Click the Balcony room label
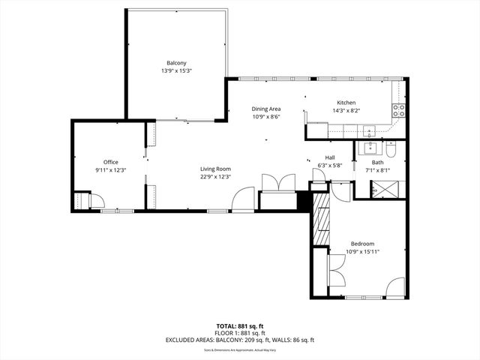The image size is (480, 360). [x=176, y=63]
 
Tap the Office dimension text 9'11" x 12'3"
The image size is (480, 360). [x=111, y=170]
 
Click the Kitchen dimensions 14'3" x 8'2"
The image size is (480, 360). [x=346, y=110]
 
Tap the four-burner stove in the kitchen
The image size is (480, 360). [x=399, y=112]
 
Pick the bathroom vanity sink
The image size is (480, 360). [x=369, y=145]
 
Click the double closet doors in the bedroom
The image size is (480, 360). [x=335, y=266]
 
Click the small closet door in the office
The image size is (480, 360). [x=94, y=200]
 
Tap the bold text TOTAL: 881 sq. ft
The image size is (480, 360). [x=240, y=326]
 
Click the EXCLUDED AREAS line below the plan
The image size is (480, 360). [x=240, y=340]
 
